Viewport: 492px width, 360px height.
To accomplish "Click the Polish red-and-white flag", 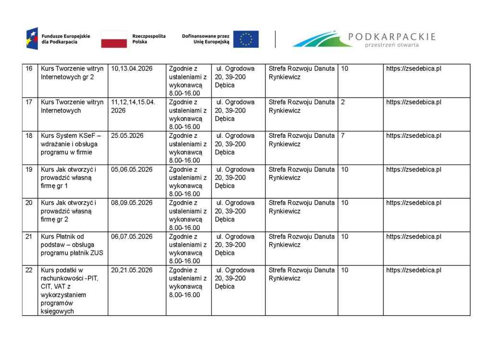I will click(x=114, y=39).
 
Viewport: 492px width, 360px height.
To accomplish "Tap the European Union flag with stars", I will click(x=246, y=39).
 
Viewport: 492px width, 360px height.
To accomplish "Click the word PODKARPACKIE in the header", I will click(x=392, y=36).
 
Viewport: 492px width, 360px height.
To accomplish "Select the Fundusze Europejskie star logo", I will click(x=32, y=39).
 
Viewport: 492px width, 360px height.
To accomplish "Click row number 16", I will click(x=29, y=69).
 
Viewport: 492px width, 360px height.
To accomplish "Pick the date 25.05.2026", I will click(x=127, y=136).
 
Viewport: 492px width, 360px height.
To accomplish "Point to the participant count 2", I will click(x=343, y=102).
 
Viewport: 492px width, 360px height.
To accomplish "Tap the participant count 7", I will click(x=343, y=136).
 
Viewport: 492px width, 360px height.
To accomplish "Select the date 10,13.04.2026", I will click(x=132, y=69).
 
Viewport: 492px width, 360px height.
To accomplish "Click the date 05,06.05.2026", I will click(x=132, y=169).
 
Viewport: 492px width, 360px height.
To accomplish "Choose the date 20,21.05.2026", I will click(x=132, y=270).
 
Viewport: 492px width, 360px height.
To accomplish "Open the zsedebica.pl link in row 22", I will click(x=414, y=270).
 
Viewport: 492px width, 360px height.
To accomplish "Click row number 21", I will click(x=29, y=237).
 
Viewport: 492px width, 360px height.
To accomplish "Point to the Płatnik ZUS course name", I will click(x=72, y=245).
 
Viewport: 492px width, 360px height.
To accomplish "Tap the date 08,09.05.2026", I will click(x=132, y=203).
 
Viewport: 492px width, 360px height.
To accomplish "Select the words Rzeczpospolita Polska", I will click(x=148, y=39).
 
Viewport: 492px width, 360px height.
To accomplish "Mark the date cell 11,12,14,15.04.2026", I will click(x=133, y=106).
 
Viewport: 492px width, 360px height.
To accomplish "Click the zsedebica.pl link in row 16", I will click(x=414, y=69).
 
